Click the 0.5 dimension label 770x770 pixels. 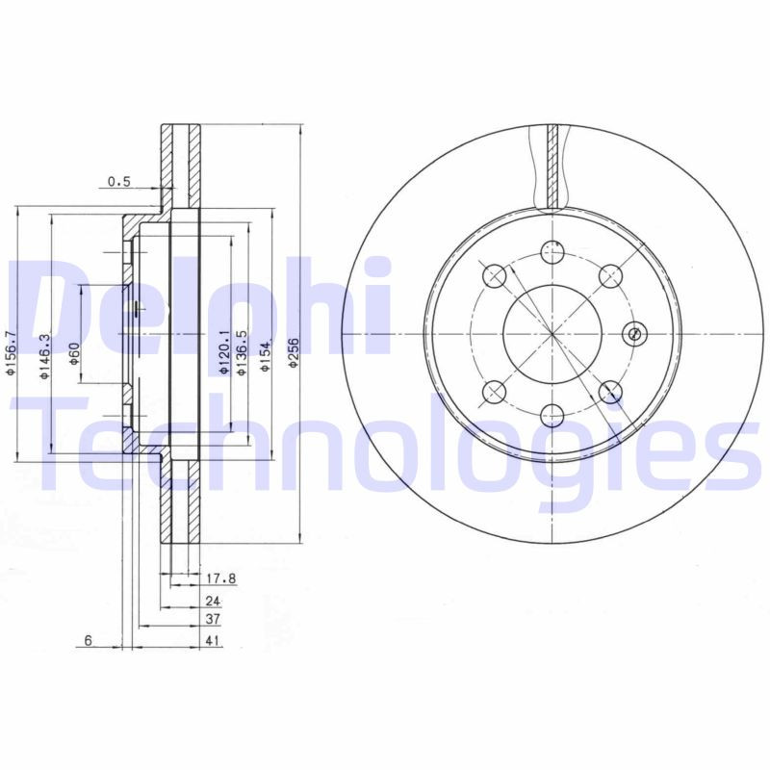click(118, 181)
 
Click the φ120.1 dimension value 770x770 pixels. click(222, 351)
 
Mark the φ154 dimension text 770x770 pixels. click(265, 354)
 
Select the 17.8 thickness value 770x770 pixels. click(221, 578)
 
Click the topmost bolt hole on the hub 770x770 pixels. click(552, 252)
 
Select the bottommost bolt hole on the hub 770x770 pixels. click(552, 415)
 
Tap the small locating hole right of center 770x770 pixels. click(633, 334)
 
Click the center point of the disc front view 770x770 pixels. click(552, 334)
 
